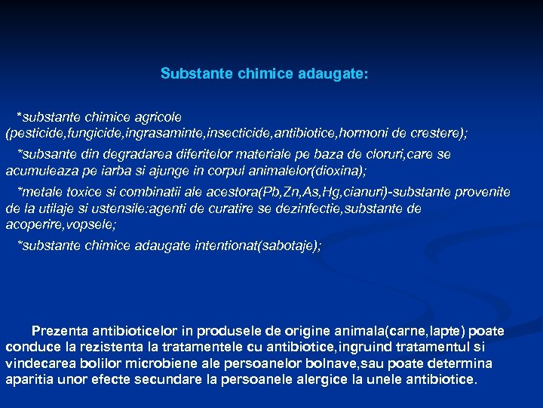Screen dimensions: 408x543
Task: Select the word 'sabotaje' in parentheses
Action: (289, 246)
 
